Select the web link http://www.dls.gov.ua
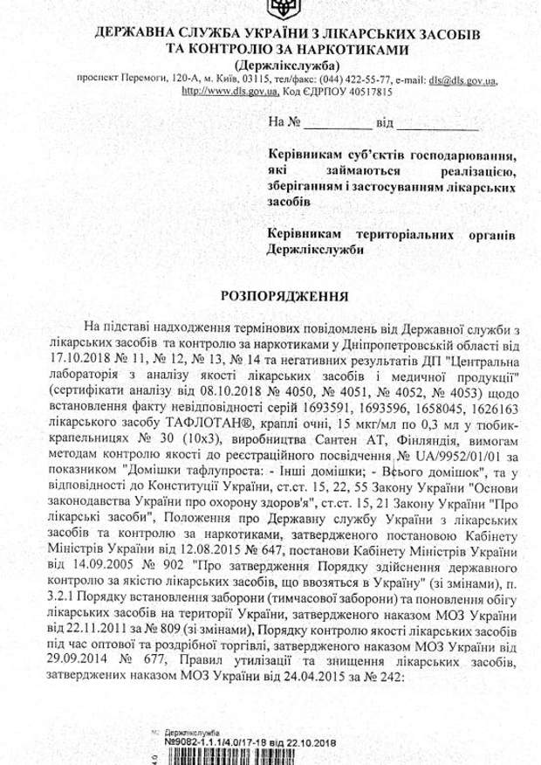pos(220,90)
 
